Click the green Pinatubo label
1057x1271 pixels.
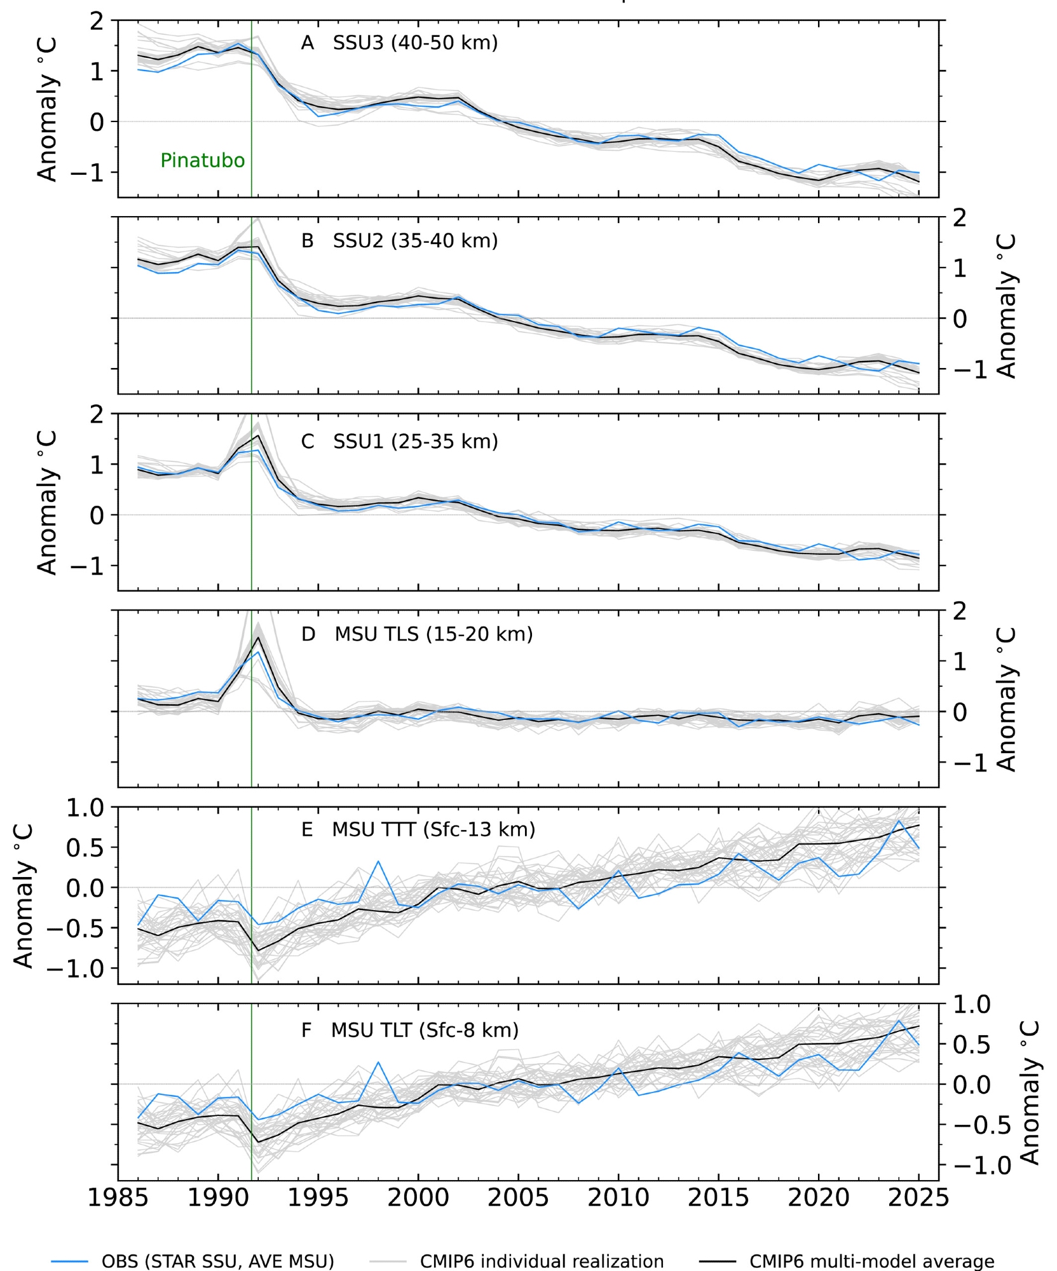tap(202, 160)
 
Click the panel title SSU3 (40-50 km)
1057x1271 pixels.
tap(415, 43)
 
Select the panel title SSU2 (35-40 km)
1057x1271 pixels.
tap(415, 241)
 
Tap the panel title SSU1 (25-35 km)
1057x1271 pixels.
tap(416, 441)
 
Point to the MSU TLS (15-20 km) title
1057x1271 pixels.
tap(433, 634)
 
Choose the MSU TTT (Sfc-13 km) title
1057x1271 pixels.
tap(433, 829)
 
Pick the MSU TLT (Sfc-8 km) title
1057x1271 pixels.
tap(425, 1030)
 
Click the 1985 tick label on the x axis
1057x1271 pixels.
tap(118, 1198)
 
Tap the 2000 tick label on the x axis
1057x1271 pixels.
tap(418, 1198)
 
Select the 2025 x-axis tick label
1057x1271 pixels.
tap(918, 1198)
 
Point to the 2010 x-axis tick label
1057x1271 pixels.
tap(618, 1198)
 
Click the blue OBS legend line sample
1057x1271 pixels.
tap(70, 1261)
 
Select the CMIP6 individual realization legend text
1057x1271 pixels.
tap(542, 1261)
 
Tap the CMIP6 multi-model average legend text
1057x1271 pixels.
tap(872, 1261)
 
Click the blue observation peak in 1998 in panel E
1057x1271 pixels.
tap(378, 861)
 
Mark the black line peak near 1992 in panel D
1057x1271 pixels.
tap(259, 637)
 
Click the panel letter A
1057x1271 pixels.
tap(308, 43)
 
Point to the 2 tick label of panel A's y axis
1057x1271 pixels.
tap(96, 21)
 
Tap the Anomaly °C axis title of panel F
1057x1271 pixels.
tap(1030, 1092)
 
